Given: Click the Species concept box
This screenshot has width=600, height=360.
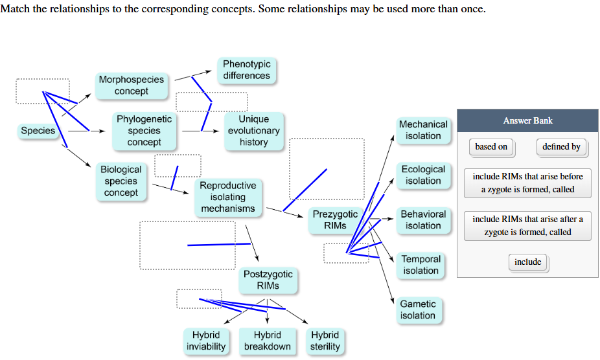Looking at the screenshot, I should tap(38, 131).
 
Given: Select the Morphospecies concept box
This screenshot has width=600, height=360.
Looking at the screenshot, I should tap(132, 85).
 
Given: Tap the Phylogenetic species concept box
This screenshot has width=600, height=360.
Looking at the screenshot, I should tap(144, 131).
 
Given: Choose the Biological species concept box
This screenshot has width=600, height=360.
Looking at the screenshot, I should tap(121, 181).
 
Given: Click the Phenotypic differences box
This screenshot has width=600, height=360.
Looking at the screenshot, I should tap(246, 70).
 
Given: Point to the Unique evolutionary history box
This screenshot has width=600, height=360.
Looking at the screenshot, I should tap(253, 131).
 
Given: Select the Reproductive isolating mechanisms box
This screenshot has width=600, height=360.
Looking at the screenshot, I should tap(227, 197).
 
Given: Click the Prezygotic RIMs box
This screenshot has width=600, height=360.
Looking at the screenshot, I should tap(335, 220).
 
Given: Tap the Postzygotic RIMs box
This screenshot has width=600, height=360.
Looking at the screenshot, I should tap(268, 280).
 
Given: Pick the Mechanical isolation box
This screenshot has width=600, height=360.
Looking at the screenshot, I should tap(423, 130).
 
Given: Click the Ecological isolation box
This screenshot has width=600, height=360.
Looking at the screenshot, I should tap(423, 175).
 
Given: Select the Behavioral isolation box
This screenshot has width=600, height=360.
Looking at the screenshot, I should tap(423, 220).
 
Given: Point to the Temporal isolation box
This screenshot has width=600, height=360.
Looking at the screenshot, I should tap(421, 265).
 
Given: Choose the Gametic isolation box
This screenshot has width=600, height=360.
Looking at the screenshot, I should tap(418, 309).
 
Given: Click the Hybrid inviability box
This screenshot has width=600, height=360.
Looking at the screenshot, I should tap(206, 341).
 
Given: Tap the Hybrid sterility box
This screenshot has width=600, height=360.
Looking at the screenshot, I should tap(325, 341).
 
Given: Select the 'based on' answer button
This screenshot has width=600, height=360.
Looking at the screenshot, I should tap(491, 147).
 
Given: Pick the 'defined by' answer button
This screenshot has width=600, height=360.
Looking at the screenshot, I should tap(561, 147).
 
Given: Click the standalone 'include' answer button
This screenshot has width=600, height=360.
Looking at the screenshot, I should tap(527, 262).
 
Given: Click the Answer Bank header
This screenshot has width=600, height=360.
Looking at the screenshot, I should tap(527, 120).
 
